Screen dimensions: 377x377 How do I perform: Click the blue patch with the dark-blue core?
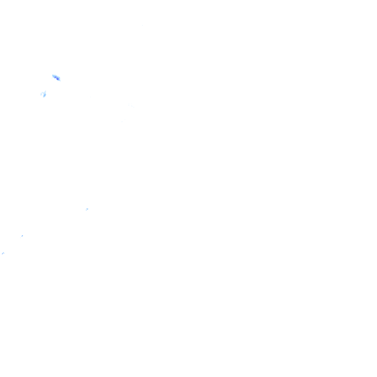(56, 77)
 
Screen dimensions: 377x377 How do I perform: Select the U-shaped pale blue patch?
(43, 94)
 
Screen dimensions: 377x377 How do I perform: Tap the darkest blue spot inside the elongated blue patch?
(57, 78)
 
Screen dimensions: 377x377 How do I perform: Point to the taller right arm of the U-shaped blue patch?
(45, 93)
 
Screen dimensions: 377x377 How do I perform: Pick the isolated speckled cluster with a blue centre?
(87, 209)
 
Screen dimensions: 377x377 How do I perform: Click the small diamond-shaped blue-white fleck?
(22, 236)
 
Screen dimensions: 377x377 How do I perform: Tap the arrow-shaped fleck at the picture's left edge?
(3, 253)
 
